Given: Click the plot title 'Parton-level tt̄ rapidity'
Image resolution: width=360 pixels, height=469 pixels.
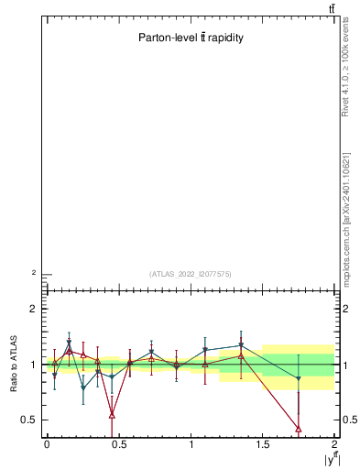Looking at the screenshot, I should (191, 38).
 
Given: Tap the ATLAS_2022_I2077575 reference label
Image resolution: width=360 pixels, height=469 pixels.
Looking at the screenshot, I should (191, 273).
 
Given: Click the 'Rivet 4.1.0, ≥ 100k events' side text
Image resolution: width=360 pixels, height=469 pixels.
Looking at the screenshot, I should (346, 69).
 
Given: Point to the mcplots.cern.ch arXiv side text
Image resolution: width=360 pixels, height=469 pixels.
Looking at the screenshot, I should (346, 219).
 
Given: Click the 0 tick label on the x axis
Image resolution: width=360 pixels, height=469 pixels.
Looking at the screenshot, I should (47, 444).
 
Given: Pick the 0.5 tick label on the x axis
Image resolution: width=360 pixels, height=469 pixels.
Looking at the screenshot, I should (119, 444).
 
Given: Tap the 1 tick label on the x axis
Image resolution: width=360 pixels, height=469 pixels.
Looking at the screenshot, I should (191, 444).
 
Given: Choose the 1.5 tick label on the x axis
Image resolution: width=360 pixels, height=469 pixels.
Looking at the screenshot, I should (263, 444).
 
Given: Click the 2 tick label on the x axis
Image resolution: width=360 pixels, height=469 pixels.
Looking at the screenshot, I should (335, 444).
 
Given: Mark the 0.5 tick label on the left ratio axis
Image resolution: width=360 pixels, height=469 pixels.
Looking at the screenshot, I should (31, 420).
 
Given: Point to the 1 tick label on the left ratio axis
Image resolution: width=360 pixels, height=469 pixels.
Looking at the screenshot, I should (36, 365).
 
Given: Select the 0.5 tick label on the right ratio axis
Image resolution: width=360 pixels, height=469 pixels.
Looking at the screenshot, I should (349, 420).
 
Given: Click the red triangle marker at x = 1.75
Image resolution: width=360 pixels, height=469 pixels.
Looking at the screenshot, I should (299, 428).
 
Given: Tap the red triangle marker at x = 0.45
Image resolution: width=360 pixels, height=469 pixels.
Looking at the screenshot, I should (112, 415).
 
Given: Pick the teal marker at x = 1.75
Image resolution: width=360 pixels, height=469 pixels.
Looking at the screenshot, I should (299, 378).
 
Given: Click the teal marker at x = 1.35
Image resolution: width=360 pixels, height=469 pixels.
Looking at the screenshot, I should (241, 345).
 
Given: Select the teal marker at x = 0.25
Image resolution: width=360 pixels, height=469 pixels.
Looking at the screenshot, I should (83, 387).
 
